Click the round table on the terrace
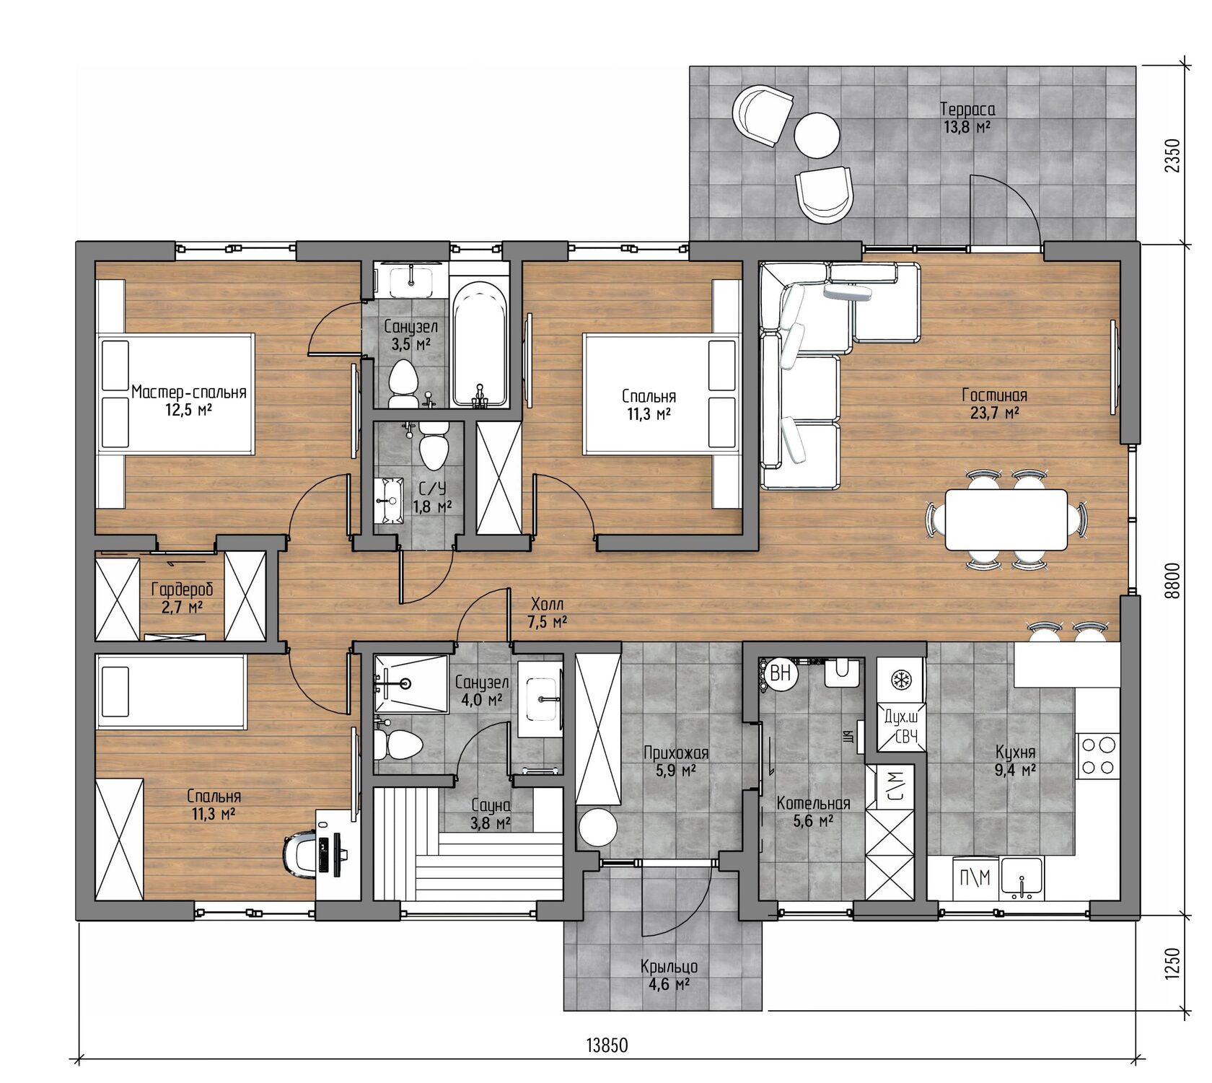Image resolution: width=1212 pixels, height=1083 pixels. [x=817, y=135]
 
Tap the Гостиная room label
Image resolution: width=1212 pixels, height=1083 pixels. [x=994, y=395]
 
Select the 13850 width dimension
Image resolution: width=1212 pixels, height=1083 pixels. [x=607, y=1045]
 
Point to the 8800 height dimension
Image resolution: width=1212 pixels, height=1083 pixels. [x=1172, y=580]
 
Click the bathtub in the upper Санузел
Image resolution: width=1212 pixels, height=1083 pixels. [x=479, y=345]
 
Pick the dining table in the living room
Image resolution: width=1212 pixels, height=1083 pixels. [x=1006, y=519]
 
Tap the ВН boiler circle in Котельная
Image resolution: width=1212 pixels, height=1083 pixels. [x=781, y=674]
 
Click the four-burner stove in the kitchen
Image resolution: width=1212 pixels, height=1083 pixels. [x=1097, y=755]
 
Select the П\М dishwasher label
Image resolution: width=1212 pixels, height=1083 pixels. [x=975, y=878]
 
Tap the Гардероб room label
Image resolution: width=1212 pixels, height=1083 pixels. [x=182, y=589]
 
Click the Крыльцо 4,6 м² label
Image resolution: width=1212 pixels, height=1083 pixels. [x=669, y=975]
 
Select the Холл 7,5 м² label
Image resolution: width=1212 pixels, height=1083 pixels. [x=548, y=613]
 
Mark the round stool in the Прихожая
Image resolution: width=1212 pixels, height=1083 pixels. [x=597, y=828]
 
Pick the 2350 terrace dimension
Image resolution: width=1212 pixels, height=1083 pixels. [x=1172, y=155]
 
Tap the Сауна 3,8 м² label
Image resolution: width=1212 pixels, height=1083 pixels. [x=491, y=813]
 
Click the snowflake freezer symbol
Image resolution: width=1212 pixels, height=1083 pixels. [x=900, y=680]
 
